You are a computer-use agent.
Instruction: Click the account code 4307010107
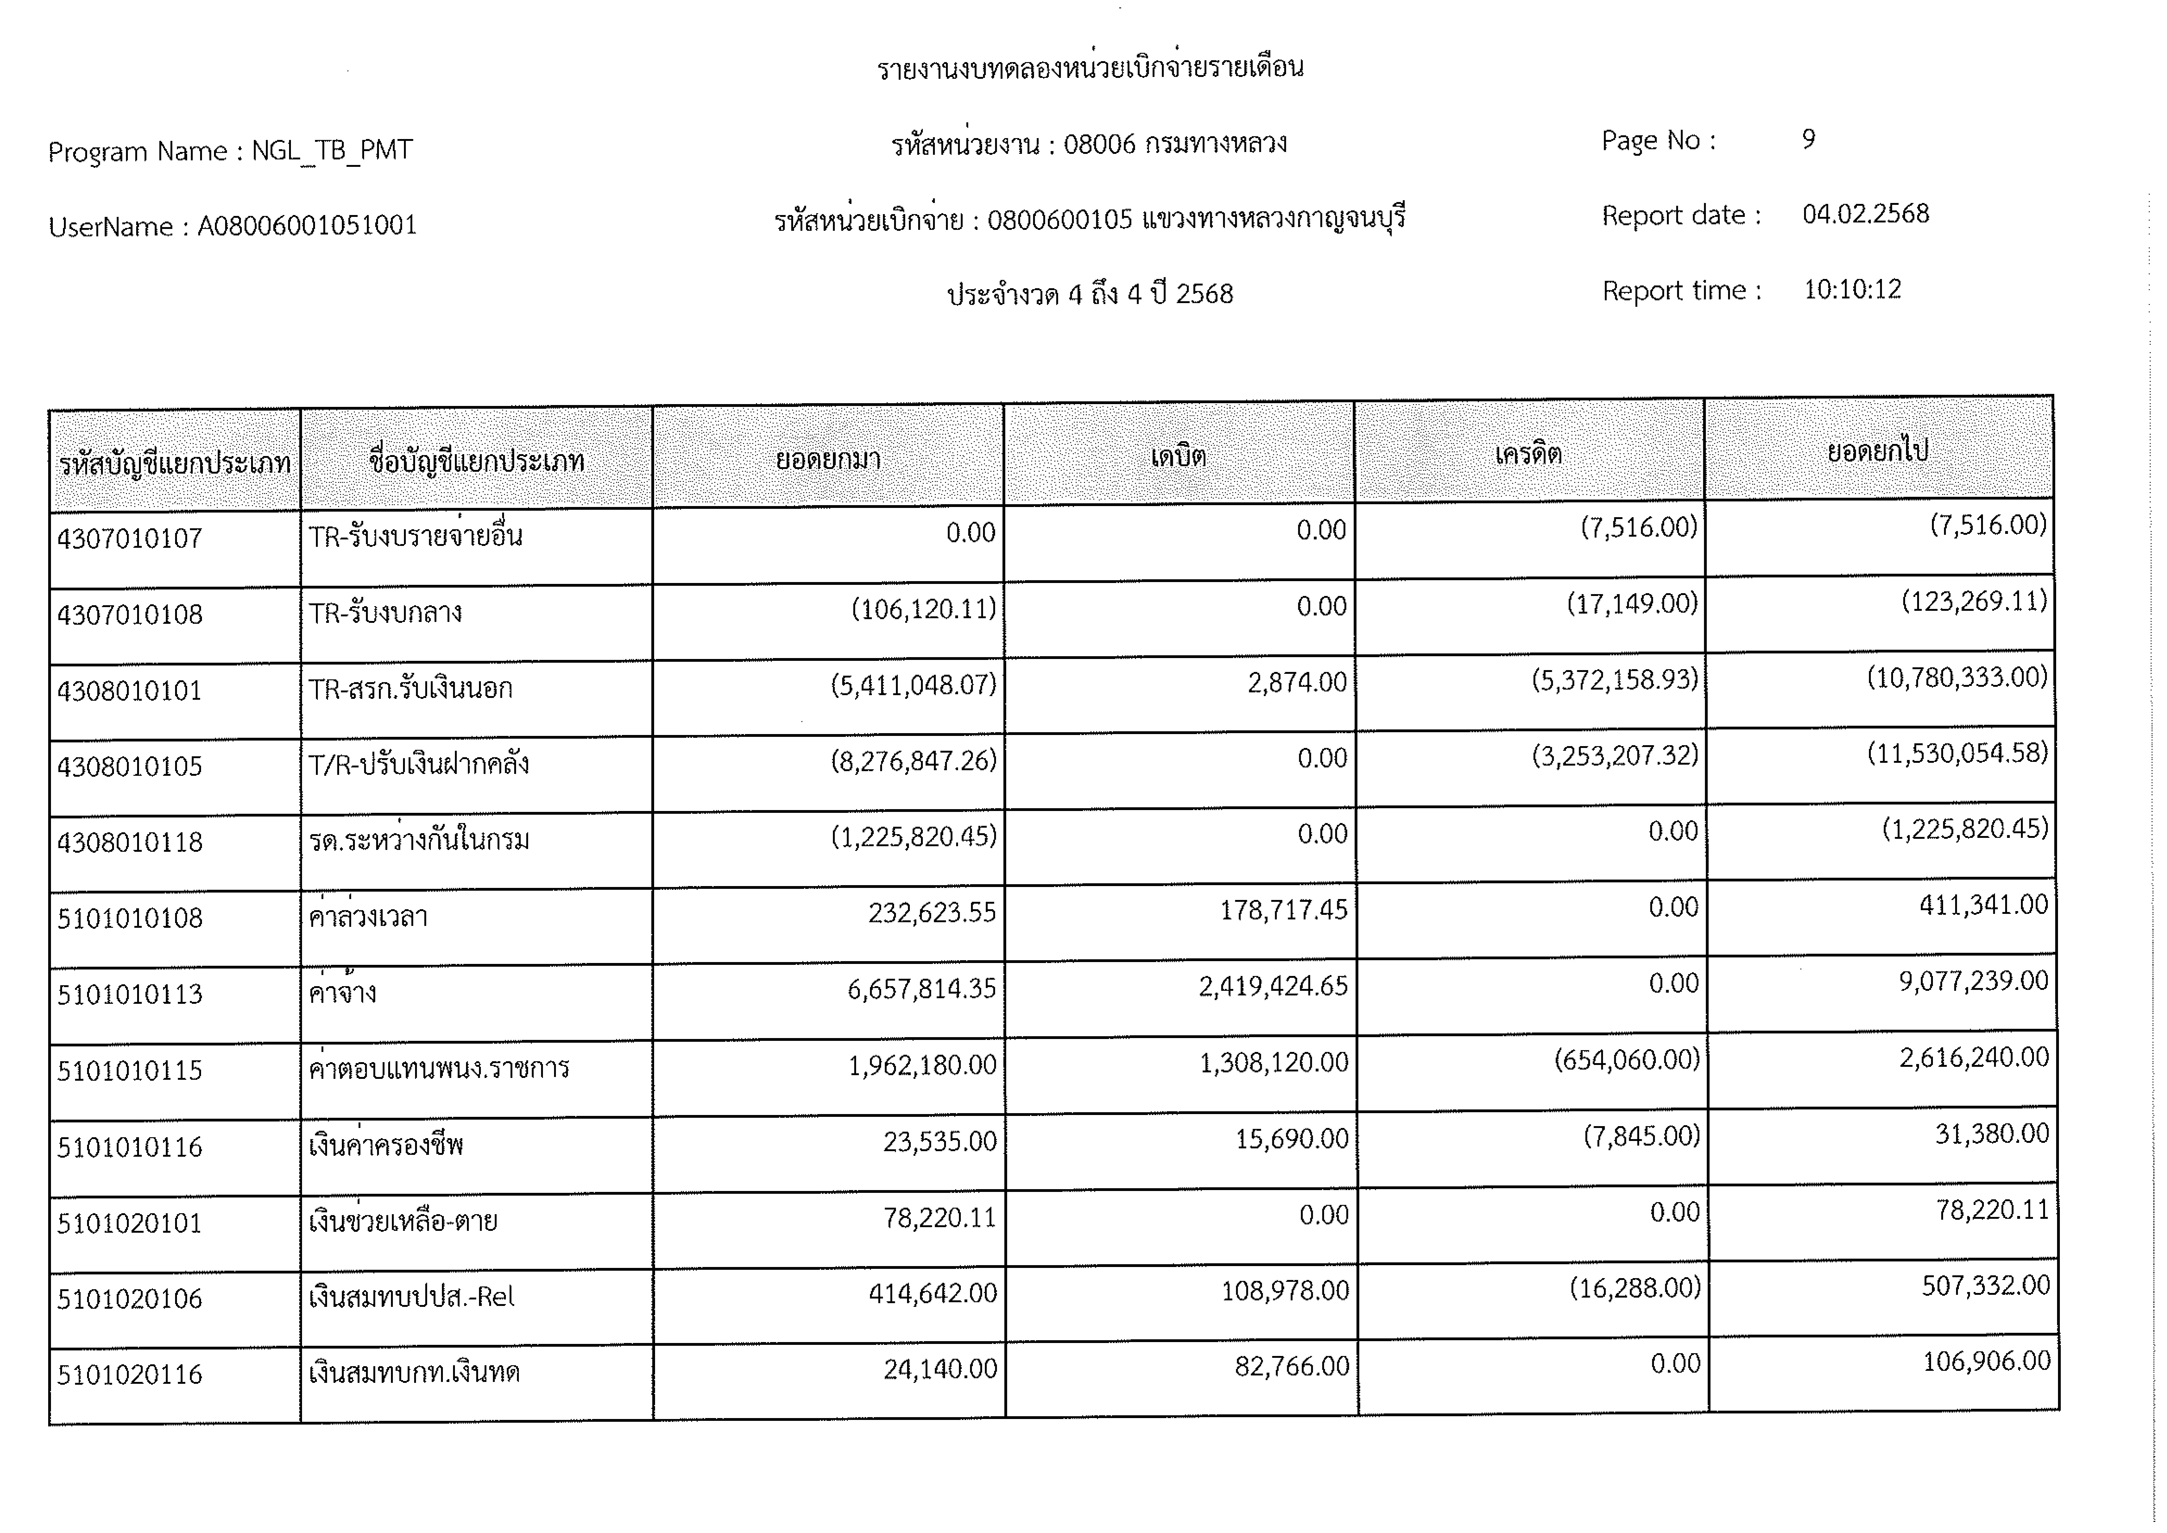click(x=129, y=539)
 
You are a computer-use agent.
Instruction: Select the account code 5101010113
click(x=129, y=994)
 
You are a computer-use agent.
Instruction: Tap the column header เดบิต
click(x=1178, y=457)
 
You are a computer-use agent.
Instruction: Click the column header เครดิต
click(x=1528, y=454)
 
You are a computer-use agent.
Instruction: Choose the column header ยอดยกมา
click(x=828, y=460)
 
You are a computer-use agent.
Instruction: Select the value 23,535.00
click(x=939, y=1141)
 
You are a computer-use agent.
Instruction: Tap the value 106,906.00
click(x=1986, y=1361)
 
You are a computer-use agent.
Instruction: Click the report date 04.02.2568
click(x=1865, y=214)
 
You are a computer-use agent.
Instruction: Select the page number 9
click(x=1808, y=140)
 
